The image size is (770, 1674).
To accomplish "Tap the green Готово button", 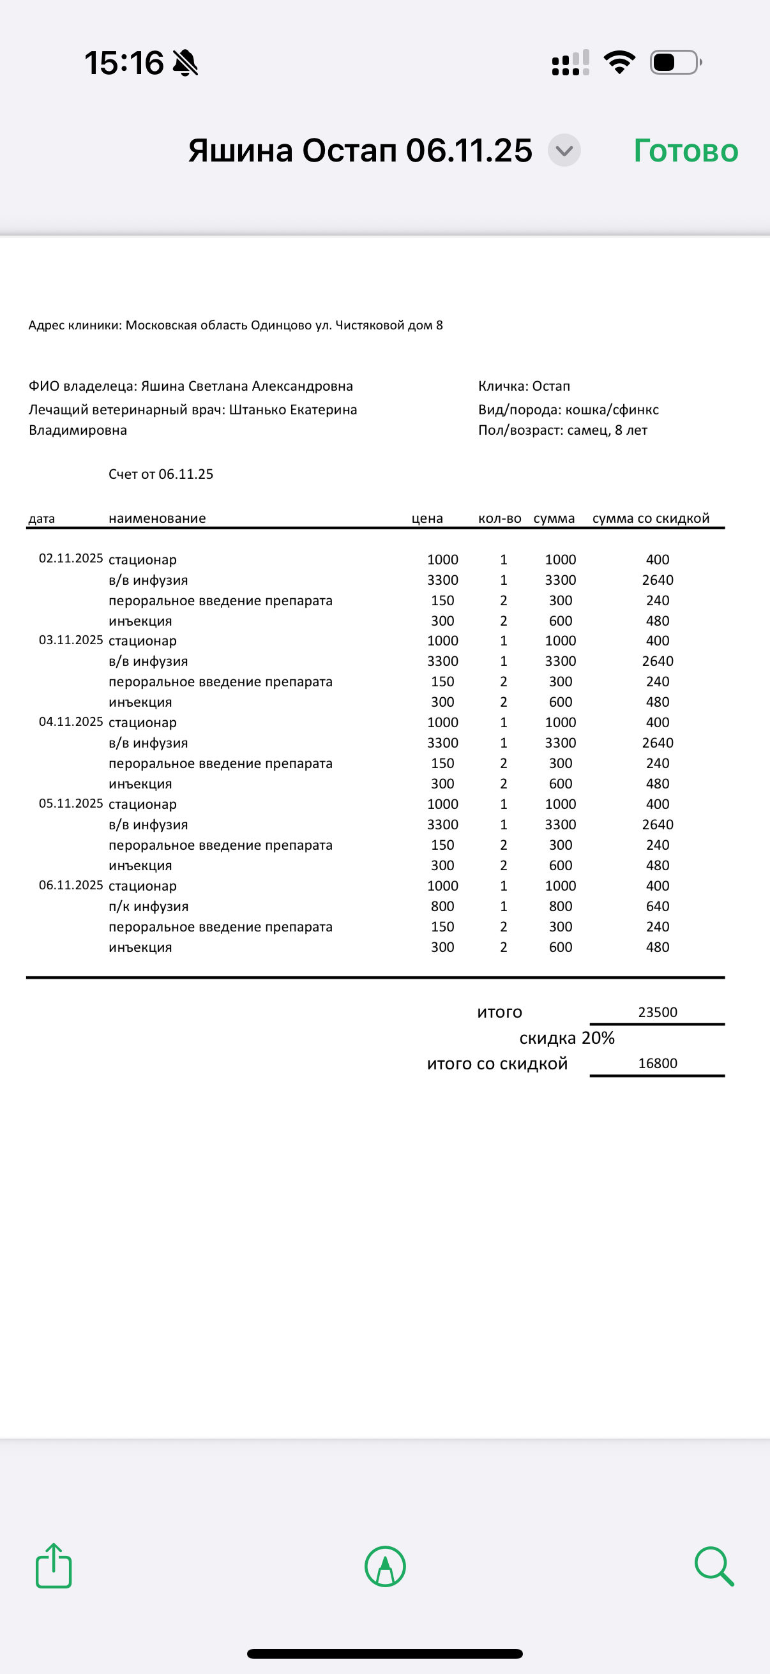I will point(686,151).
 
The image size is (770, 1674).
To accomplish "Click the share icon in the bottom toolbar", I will point(53,1566).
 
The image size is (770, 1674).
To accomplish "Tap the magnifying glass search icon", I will point(713,1566).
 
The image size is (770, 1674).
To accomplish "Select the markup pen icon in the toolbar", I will point(386,1566).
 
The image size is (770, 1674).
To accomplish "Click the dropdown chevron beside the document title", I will point(564,151).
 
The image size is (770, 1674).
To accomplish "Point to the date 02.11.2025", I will point(71,558).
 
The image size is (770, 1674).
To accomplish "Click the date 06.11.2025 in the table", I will point(71,885).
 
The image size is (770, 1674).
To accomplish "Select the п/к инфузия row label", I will point(148,906).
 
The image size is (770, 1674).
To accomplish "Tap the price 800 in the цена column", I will point(442,906).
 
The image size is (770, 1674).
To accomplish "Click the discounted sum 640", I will point(658,906).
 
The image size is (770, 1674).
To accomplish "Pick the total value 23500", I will point(658,1012).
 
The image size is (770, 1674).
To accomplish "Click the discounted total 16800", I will point(658,1063).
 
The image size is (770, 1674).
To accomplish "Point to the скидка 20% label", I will point(566,1038).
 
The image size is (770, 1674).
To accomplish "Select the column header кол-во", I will point(500,518).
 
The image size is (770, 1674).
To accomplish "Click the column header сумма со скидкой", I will point(651,518).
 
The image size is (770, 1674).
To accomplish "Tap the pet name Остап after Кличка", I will point(551,386).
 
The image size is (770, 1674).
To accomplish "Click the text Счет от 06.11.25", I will point(160,474).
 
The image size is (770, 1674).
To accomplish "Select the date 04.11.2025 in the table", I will point(71,721).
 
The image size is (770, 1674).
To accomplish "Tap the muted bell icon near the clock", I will point(185,63).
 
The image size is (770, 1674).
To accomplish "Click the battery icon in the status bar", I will point(676,63).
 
